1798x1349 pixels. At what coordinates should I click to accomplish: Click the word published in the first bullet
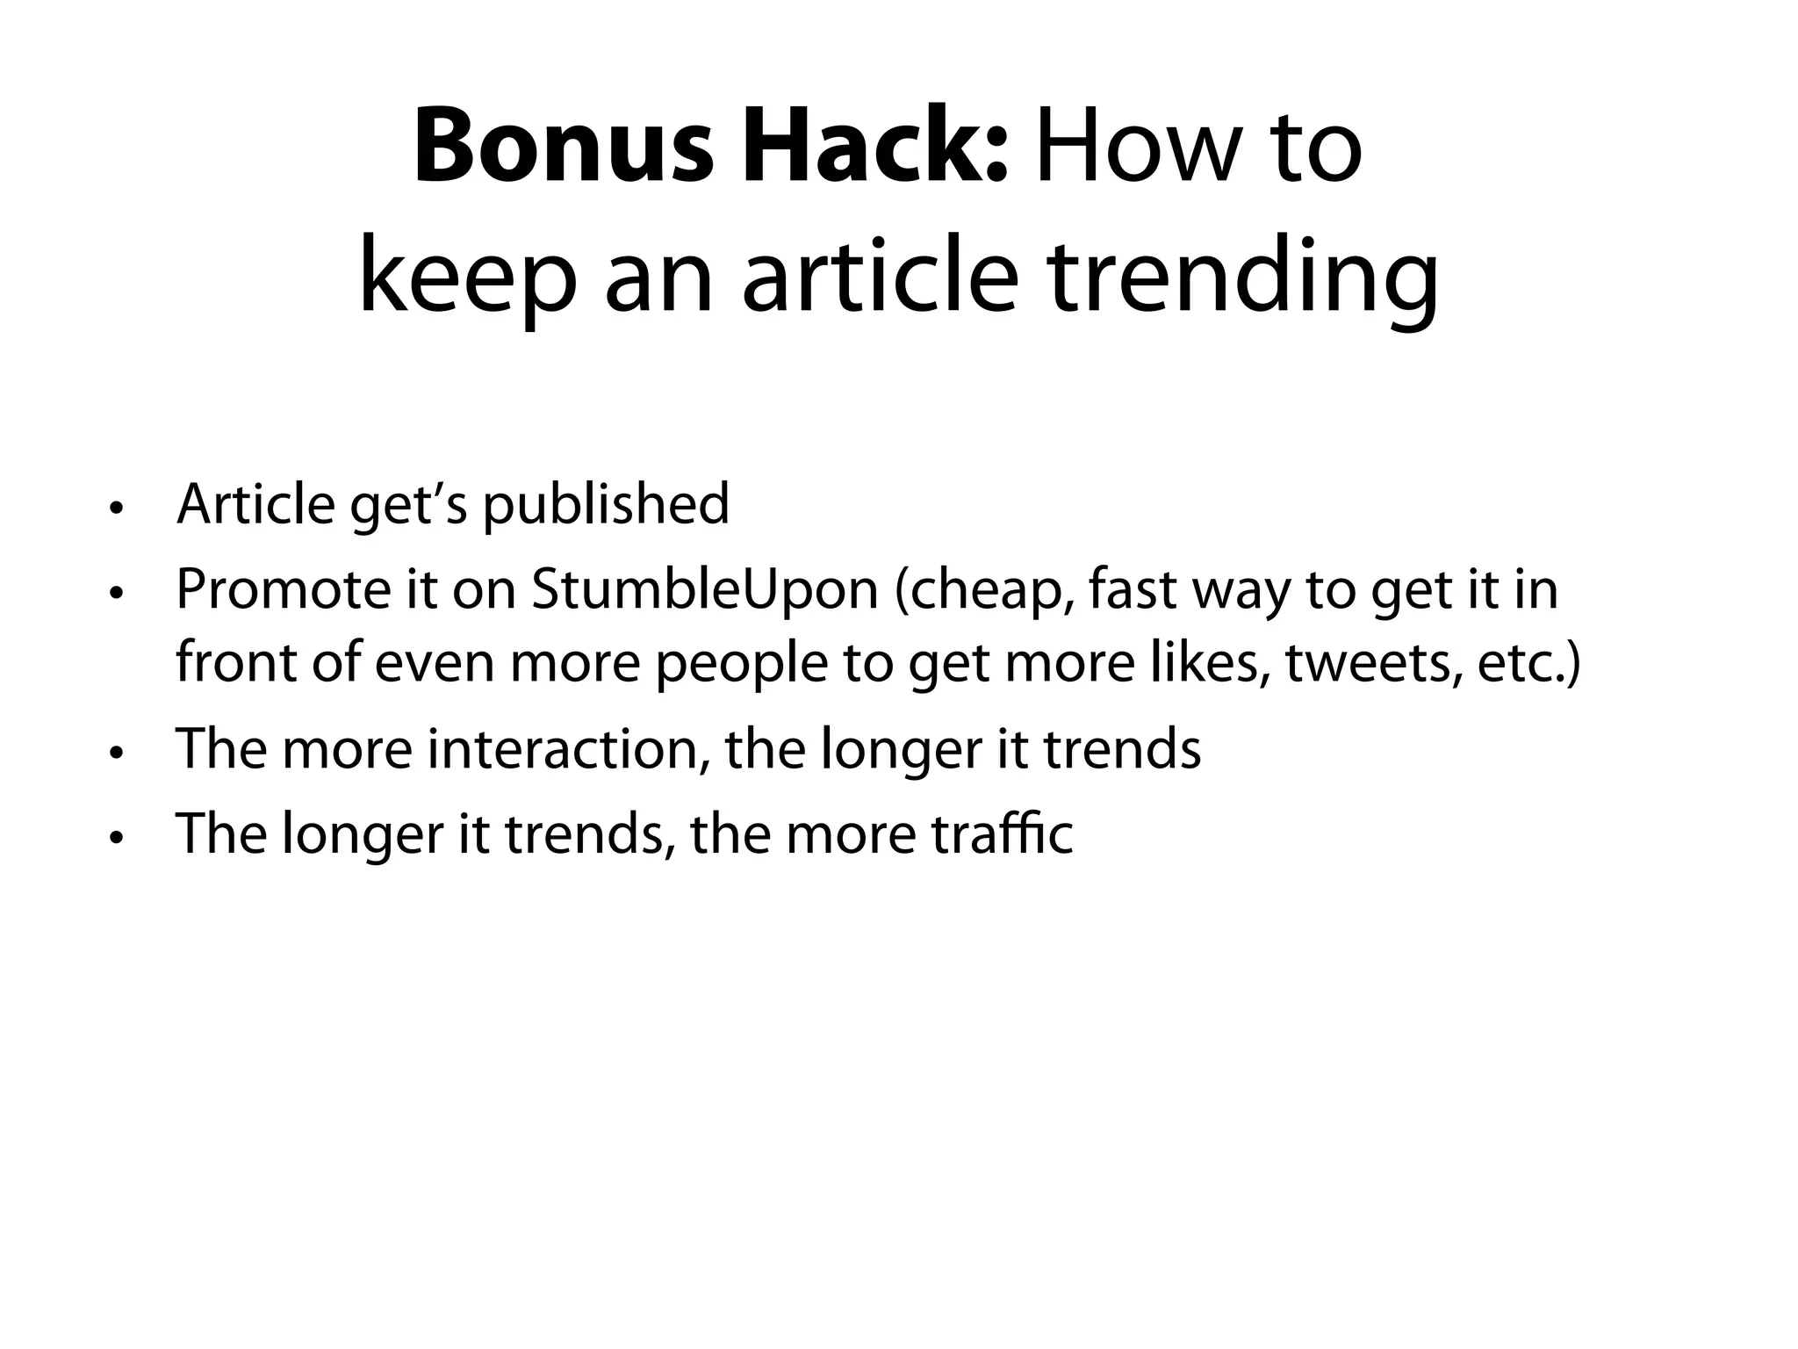(x=606, y=506)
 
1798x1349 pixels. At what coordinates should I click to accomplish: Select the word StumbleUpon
(x=704, y=590)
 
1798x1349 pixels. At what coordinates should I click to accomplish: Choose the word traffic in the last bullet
(x=1002, y=833)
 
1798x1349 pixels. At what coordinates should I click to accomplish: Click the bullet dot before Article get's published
(x=115, y=509)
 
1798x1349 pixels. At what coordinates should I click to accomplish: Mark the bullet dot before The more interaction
(x=115, y=753)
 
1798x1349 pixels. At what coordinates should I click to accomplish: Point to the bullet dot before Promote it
(x=115, y=594)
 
